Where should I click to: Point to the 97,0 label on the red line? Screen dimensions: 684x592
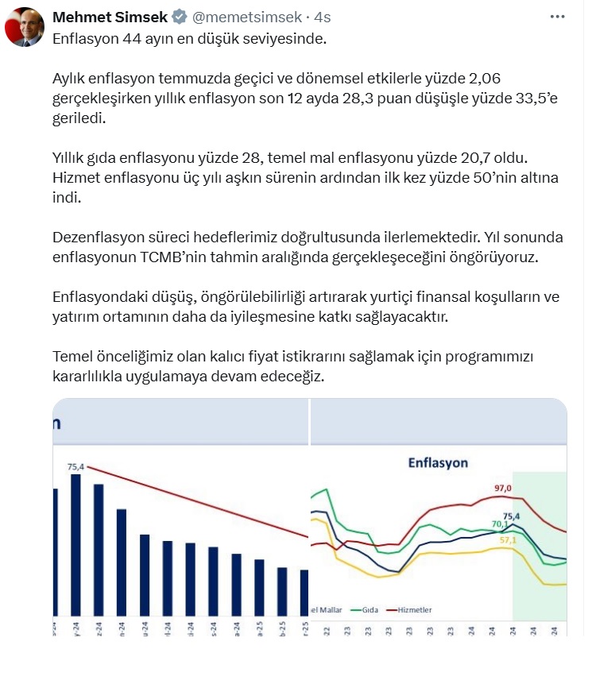point(503,488)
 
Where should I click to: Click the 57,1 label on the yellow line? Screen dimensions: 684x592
point(508,540)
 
